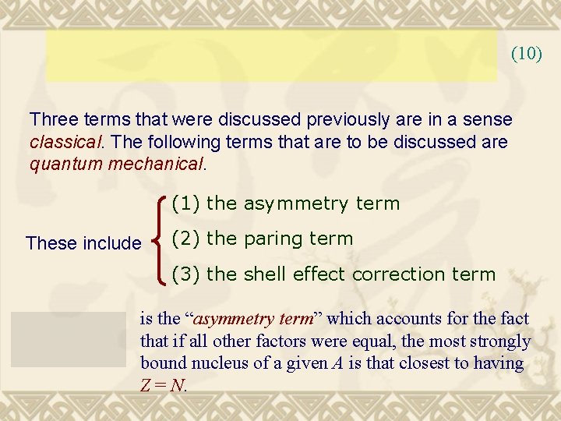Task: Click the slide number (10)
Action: coord(526,54)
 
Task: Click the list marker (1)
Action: coord(186,204)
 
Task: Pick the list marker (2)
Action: coord(186,239)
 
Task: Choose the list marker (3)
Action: coord(186,274)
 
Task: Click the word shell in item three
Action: coord(265,274)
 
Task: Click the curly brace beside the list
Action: coord(159,239)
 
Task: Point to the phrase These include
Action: coord(83,243)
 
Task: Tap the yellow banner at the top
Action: coord(271,56)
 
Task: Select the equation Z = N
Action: coord(164,385)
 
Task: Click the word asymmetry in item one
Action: coord(296,204)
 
